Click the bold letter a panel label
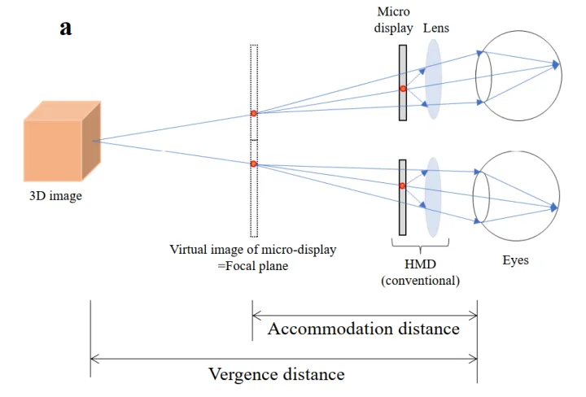[x=66, y=28]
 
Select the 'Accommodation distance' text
[x=364, y=329]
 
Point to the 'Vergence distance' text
[x=277, y=374]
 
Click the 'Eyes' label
[x=514, y=260]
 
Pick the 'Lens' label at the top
[x=436, y=28]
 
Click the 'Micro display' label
[x=392, y=21]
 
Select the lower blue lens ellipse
[x=433, y=196]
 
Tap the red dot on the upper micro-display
[x=402, y=88]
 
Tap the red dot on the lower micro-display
[x=402, y=186]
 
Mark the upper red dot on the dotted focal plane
[x=254, y=113]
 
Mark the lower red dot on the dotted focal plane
[x=254, y=164]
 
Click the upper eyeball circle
[x=521, y=72]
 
